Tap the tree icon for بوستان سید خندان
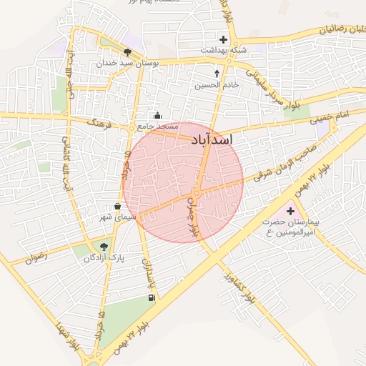click(x=127, y=52)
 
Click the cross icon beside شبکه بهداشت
click(x=224, y=39)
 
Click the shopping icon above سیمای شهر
click(x=117, y=206)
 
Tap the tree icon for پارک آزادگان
click(x=104, y=247)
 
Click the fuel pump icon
click(x=150, y=297)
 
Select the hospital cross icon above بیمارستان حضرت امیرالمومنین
click(x=290, y=211)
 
